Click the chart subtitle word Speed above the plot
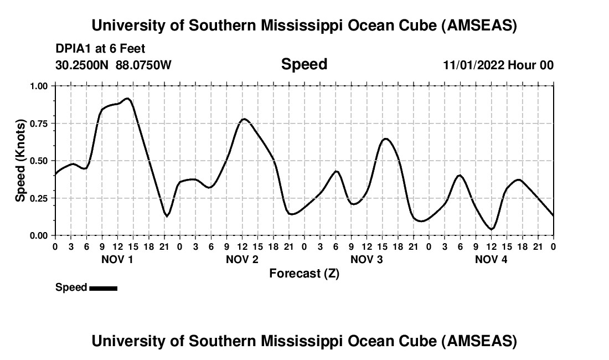(304, 64)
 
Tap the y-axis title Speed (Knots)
(20, 160)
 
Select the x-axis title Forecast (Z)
(304, 274)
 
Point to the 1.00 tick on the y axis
(38, 86)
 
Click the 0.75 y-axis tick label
(38, 124)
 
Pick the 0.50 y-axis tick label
(38, 161)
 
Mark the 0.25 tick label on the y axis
(38, 198)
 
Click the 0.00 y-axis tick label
(38, 235)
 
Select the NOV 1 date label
(117, 260)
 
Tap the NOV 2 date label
(242, 260)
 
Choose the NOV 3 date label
(367, 260)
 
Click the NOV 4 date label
(491, 260)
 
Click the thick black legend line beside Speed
(103, 288)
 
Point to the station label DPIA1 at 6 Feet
(100, 49)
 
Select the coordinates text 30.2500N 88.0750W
(113, 65)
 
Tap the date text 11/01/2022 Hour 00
(498, 65)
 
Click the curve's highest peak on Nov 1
(128, 99)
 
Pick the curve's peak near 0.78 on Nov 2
(244, 119)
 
